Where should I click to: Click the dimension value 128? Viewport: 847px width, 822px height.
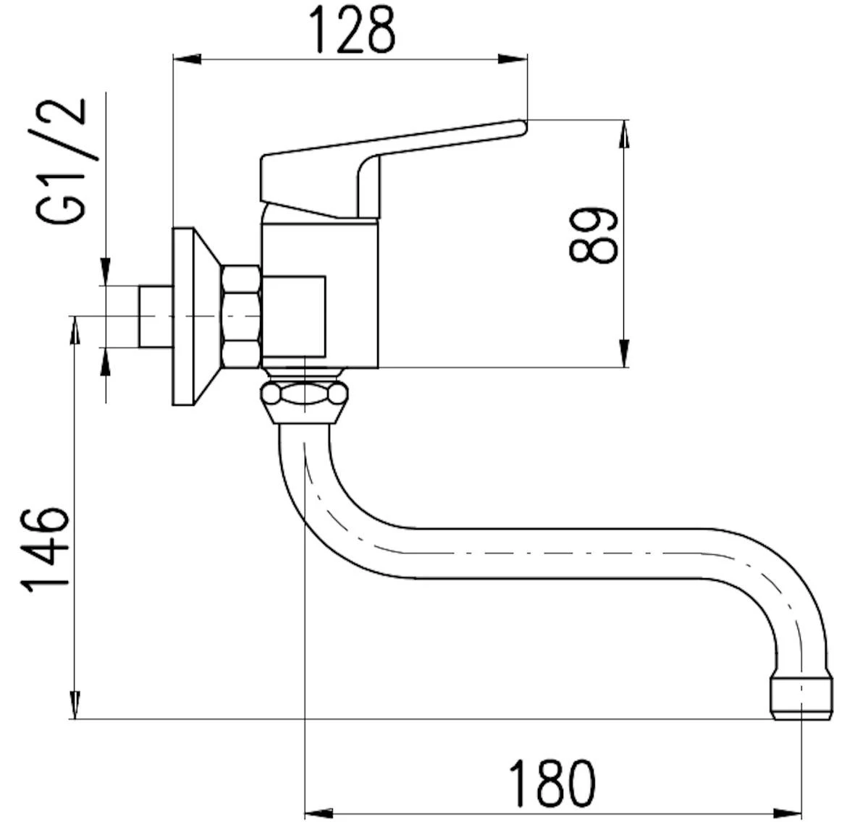click(x=352, y=30)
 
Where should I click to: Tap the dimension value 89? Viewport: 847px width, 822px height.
click(x=593, y=235)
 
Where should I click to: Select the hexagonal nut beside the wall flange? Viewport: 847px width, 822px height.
click(x=241, y=317)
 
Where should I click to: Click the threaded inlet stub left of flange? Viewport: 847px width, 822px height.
click(x=156, y=316)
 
